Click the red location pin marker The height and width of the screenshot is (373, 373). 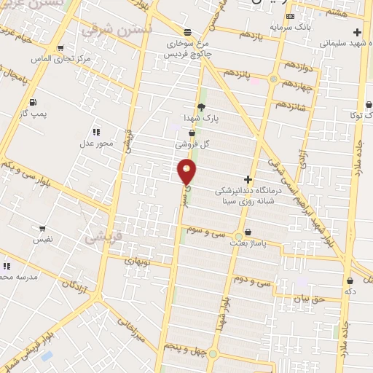187,171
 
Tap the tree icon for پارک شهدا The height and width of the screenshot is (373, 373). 211,107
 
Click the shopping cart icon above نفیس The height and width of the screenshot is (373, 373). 42,228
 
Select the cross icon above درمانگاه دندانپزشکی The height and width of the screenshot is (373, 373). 248,178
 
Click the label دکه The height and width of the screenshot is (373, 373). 350,291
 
